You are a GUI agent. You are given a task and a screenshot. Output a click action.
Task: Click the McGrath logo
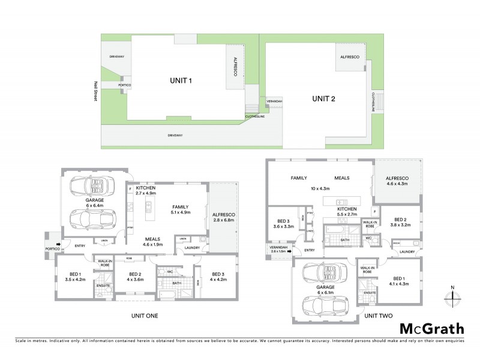click(x=431, y=328)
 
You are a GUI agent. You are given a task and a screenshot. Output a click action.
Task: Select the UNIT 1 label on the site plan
click(x=179, y=82)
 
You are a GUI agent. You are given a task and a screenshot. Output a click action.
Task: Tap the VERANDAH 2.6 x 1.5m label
click(x=277, y=251)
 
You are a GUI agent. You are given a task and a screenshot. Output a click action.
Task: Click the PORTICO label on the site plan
click(x=124, y=85)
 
